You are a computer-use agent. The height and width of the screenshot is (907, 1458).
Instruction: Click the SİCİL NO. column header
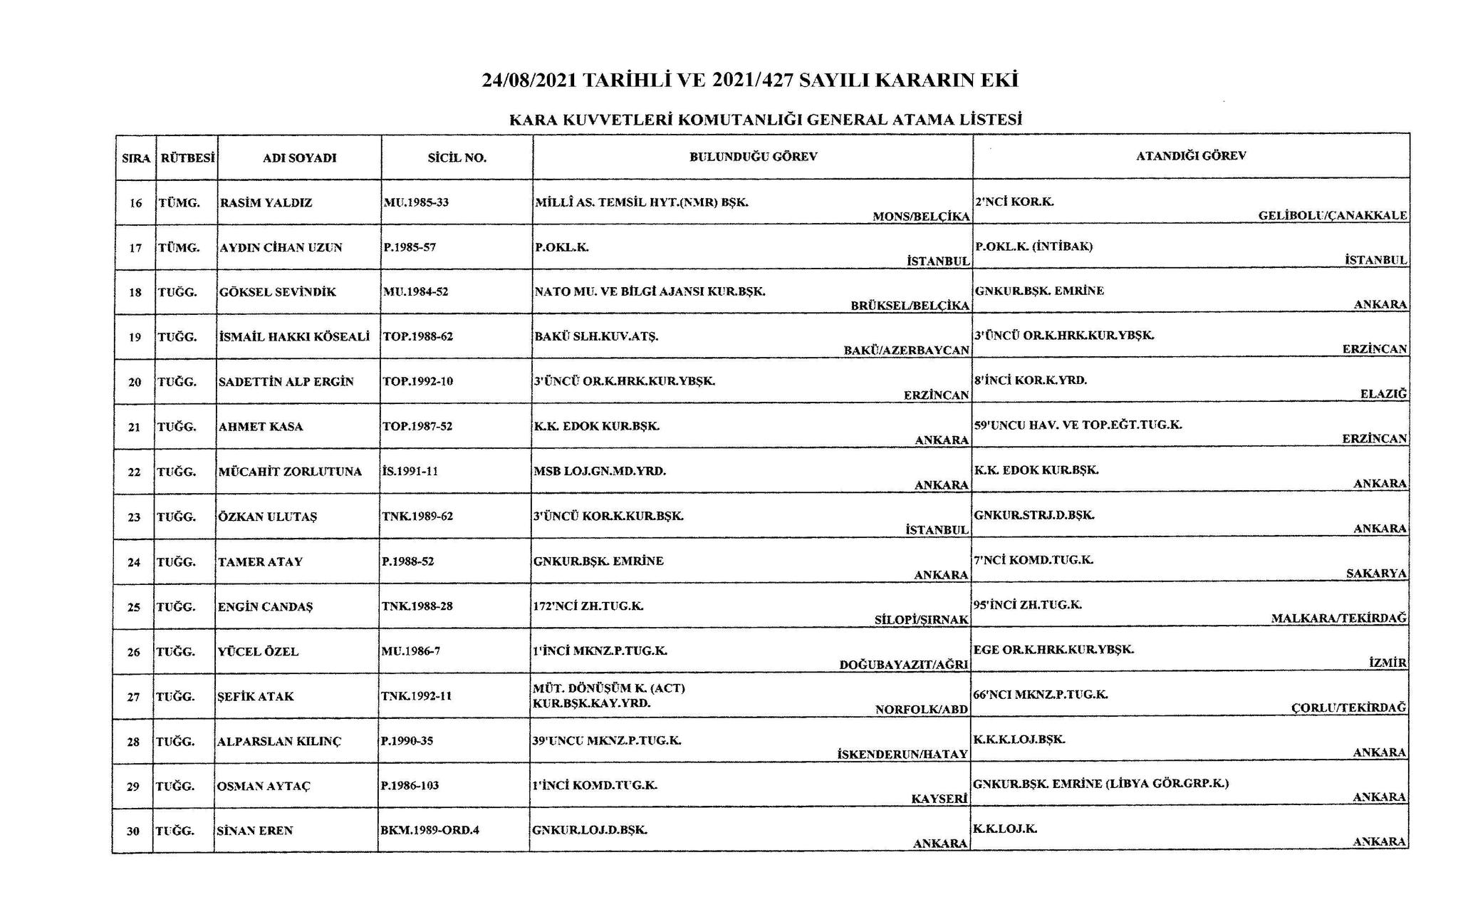(457, 157)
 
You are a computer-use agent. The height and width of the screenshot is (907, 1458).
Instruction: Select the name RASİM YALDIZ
(266, 202)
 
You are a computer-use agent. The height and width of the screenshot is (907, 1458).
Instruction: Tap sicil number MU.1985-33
(416, 202)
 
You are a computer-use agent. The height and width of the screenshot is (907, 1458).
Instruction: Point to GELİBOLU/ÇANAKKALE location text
(1333, 215)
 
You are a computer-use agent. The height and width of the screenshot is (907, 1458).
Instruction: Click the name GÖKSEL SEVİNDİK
(278, 292)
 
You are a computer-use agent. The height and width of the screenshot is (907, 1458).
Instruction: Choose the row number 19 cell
(135, 337)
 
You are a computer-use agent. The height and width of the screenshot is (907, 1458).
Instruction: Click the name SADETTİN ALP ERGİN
(286, 382)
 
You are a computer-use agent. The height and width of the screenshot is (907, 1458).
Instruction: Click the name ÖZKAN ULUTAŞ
(267, 517)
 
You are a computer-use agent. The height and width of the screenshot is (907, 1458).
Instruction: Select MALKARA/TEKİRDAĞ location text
(1339, 618)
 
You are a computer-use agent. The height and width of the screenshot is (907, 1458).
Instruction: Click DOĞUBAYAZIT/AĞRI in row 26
(904, 664)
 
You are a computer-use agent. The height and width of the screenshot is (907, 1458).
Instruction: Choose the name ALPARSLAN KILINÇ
(279, 742)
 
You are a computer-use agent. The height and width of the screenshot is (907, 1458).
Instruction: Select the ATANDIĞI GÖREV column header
(1191, 156)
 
